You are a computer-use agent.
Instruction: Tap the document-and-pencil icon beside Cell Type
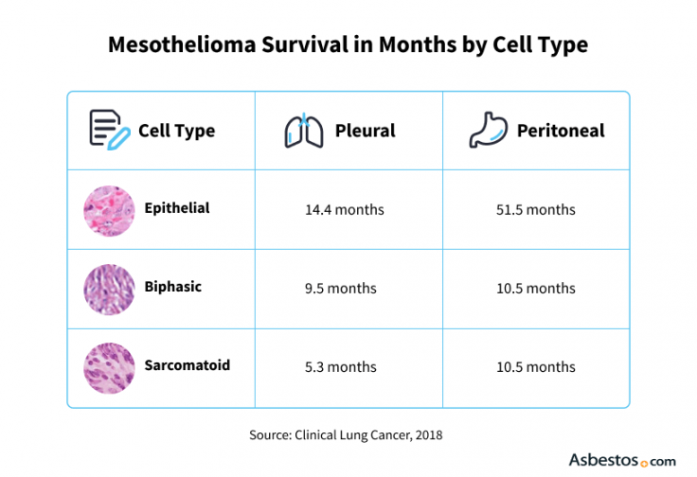click(108, 130)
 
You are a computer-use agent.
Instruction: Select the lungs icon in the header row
click(303, 131)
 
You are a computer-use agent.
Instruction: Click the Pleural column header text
click(366, 131)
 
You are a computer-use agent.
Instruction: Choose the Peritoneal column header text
click(561, 131)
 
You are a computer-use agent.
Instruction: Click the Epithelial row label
click(177, 207)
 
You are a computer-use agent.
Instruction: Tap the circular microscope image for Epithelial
click(107, 209)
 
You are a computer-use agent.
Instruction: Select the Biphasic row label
click(172, 287)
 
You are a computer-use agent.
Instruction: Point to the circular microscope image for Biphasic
click(107, 289)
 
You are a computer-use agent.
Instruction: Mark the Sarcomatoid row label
click(187, 365)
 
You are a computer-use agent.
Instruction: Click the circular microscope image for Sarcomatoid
click(107, 367)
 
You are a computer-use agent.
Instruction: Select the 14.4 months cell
click(345, 209)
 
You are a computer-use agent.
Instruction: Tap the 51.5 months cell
click(536, 209)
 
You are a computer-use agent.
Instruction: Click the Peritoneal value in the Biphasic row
click(536, 289)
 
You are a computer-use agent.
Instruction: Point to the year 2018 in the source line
click(427, 435)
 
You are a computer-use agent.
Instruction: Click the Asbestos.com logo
click(621, 459)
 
